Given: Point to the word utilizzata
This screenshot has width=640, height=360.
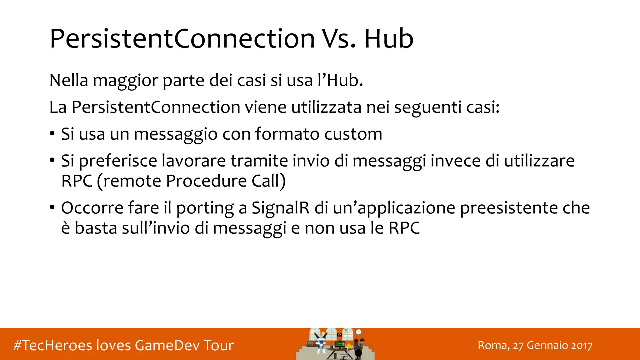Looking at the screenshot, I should (326, 107).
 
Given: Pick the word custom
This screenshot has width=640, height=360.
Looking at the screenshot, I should (353, 134).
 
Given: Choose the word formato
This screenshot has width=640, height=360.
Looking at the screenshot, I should (287, 134).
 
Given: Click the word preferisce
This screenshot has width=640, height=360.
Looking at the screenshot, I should (118, 161).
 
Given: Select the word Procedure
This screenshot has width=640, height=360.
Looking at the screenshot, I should (206, 181).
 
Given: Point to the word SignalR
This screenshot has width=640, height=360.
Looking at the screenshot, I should (280, 208).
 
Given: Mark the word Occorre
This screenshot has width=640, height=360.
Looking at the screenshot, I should (92, 208).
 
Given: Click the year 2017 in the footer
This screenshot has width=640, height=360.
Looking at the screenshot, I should (582, 346).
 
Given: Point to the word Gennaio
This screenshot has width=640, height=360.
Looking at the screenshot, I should (547, 346).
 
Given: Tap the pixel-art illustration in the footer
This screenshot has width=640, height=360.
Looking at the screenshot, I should (335, 344).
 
